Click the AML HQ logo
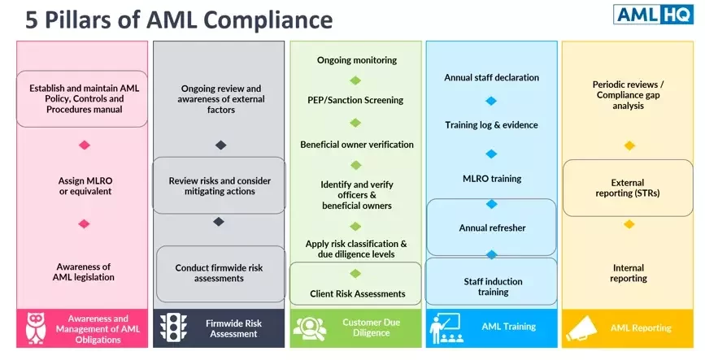(654, 15)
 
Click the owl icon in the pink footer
(37, 327)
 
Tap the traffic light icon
(170, 327)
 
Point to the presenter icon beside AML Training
(446, 327)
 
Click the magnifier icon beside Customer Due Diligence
(309, 327)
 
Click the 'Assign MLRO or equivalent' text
(85, 185)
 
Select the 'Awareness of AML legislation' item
(85, 271)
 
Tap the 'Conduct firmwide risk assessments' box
(219, 273)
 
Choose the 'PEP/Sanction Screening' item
(355, 100)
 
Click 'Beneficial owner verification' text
(356, 145)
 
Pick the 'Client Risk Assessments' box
(356, 293)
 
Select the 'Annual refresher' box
(491, 228)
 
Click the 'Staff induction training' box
(491, 286)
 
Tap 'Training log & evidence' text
(491, 125)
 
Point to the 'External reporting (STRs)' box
(627, 189)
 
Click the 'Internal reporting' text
(627, 273)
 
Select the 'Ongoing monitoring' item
(356, 60)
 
